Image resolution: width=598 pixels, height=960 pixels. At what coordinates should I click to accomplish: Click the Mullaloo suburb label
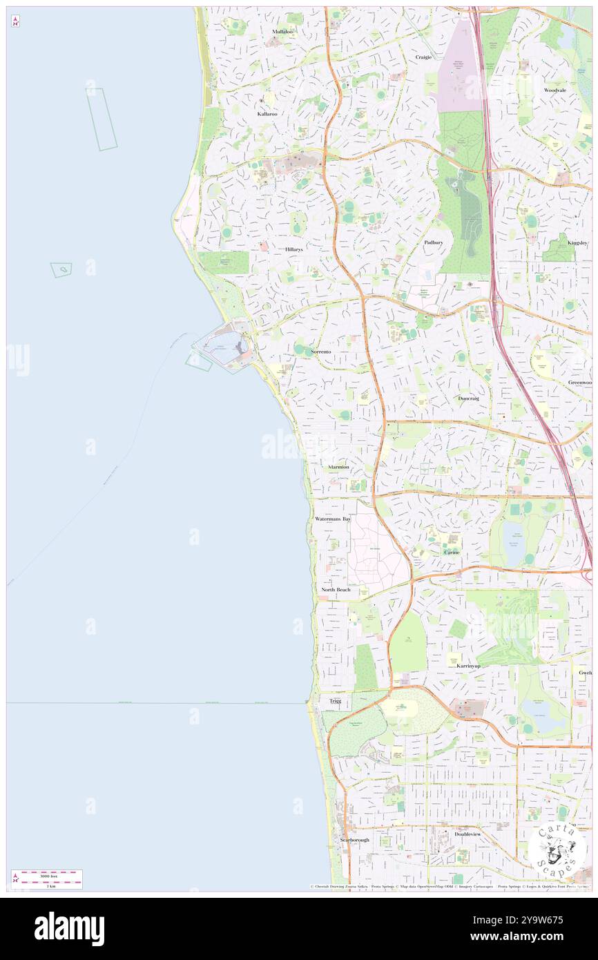coord(282,32)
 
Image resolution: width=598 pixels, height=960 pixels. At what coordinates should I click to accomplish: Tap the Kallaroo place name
coord(268,113)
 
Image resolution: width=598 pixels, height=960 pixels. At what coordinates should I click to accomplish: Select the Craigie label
coord(423,57)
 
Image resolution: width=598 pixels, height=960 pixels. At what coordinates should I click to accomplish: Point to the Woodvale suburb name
coord(554,90)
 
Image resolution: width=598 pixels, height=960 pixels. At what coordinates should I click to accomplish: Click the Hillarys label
coord(293,249)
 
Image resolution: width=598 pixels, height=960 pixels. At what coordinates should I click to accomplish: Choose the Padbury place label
coord(433,242)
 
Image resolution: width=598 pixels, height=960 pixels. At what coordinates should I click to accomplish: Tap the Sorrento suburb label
coord(320,352)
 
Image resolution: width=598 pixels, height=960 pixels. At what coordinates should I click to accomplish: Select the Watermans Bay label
coord(333,518)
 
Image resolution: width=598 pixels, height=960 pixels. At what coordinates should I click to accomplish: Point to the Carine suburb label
coord(452,553)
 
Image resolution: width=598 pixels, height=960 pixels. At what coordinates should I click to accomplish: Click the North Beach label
coord(336,590)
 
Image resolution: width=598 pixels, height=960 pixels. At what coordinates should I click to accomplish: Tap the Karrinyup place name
coord(467,666)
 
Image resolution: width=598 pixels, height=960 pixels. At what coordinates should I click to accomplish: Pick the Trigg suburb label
coord(335,701)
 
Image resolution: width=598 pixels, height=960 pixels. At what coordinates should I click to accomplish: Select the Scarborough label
coord(355,840)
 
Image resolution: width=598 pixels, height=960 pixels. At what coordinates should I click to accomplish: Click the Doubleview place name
coord(467,834)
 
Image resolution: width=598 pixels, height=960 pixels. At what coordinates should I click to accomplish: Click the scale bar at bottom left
coord(47,879)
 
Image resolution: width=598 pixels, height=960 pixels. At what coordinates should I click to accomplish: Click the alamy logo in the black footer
coord(69,928)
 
